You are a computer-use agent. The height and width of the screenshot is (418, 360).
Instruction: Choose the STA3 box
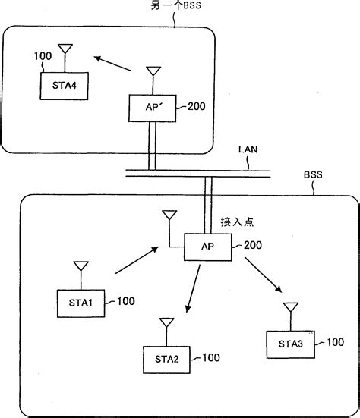coord(290,344)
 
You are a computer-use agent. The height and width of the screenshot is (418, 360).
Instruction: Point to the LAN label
coord(247,150)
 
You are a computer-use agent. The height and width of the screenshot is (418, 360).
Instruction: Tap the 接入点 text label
coord(237,222)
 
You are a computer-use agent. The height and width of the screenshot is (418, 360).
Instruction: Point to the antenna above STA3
coord(289,312)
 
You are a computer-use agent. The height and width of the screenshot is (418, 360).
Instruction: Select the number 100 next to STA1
coord(125,302)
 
